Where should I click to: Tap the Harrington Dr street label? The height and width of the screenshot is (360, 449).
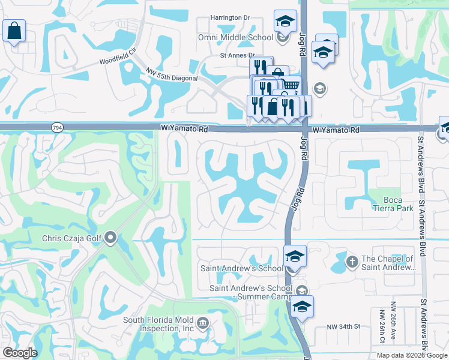click(230, 17)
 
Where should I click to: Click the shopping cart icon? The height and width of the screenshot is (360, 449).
click(290, 85)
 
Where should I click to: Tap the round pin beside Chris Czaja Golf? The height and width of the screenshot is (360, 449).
click(110, 238)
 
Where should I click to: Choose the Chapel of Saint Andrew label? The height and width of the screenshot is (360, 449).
click(388, 263)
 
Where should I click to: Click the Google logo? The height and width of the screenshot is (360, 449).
click(20, 353)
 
